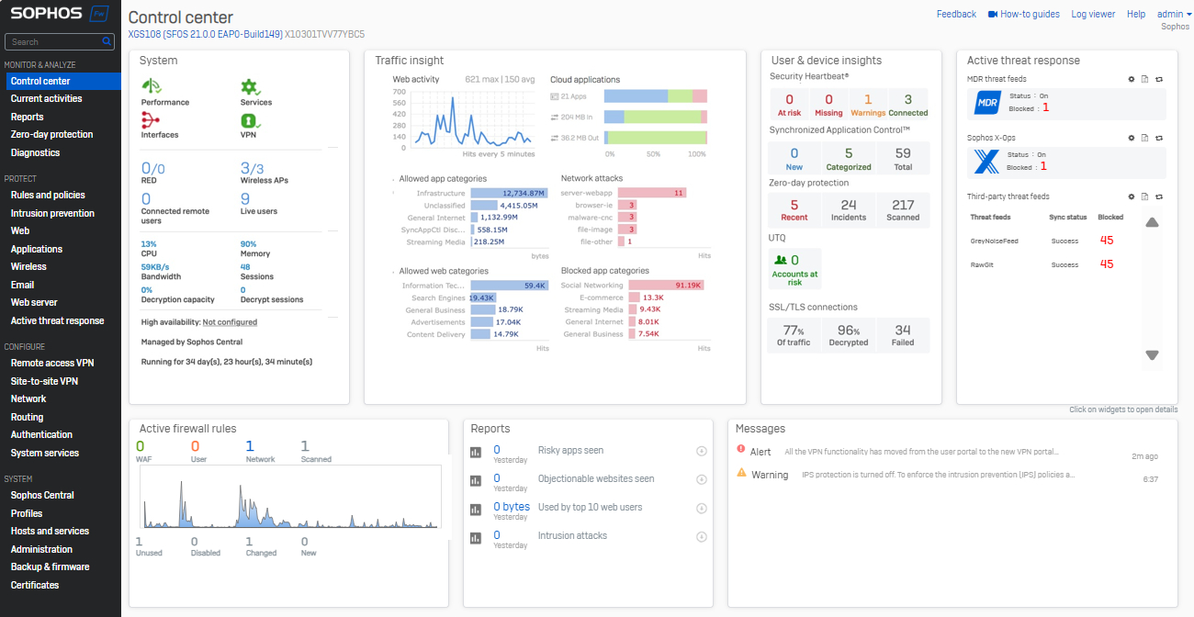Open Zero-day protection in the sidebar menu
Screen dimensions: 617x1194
51,134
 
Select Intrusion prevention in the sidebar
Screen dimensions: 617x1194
52,213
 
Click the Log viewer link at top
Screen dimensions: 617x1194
1093,14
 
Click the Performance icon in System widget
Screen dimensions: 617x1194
152,86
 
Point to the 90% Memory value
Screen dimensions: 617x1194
249,243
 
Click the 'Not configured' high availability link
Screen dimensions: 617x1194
230,322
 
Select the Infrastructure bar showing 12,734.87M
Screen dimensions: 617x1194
510,194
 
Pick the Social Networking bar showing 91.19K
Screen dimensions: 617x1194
660,286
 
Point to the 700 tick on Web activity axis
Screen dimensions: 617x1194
400,92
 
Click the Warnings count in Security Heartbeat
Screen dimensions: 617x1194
868,100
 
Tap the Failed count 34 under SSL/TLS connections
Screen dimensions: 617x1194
903,330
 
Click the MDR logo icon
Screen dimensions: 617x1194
986,104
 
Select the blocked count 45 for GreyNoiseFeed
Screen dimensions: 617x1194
1106,240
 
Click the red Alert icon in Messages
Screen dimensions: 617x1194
741,449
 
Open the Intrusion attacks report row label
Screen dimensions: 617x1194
572,535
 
